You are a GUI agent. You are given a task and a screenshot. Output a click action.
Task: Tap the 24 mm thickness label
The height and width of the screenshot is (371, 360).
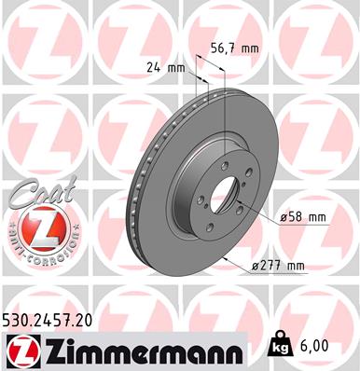(x=165, y=66)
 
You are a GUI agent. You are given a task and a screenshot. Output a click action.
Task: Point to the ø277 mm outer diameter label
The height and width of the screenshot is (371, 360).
(x=277, y=266)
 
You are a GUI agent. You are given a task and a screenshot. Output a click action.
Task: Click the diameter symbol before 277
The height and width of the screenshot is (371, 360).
(x=254, y=267)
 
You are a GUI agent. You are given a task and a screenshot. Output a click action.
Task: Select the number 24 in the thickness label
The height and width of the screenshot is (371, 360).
(x=154, y=66)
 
